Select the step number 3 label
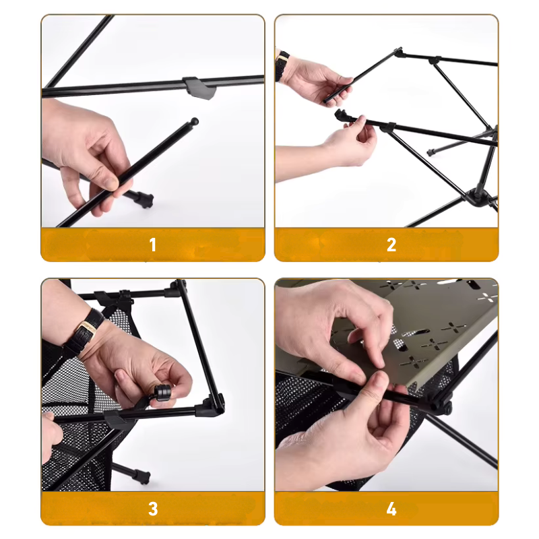153,508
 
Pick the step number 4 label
391,508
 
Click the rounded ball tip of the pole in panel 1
194,122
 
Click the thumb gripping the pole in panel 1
106,177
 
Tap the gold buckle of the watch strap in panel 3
86,329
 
